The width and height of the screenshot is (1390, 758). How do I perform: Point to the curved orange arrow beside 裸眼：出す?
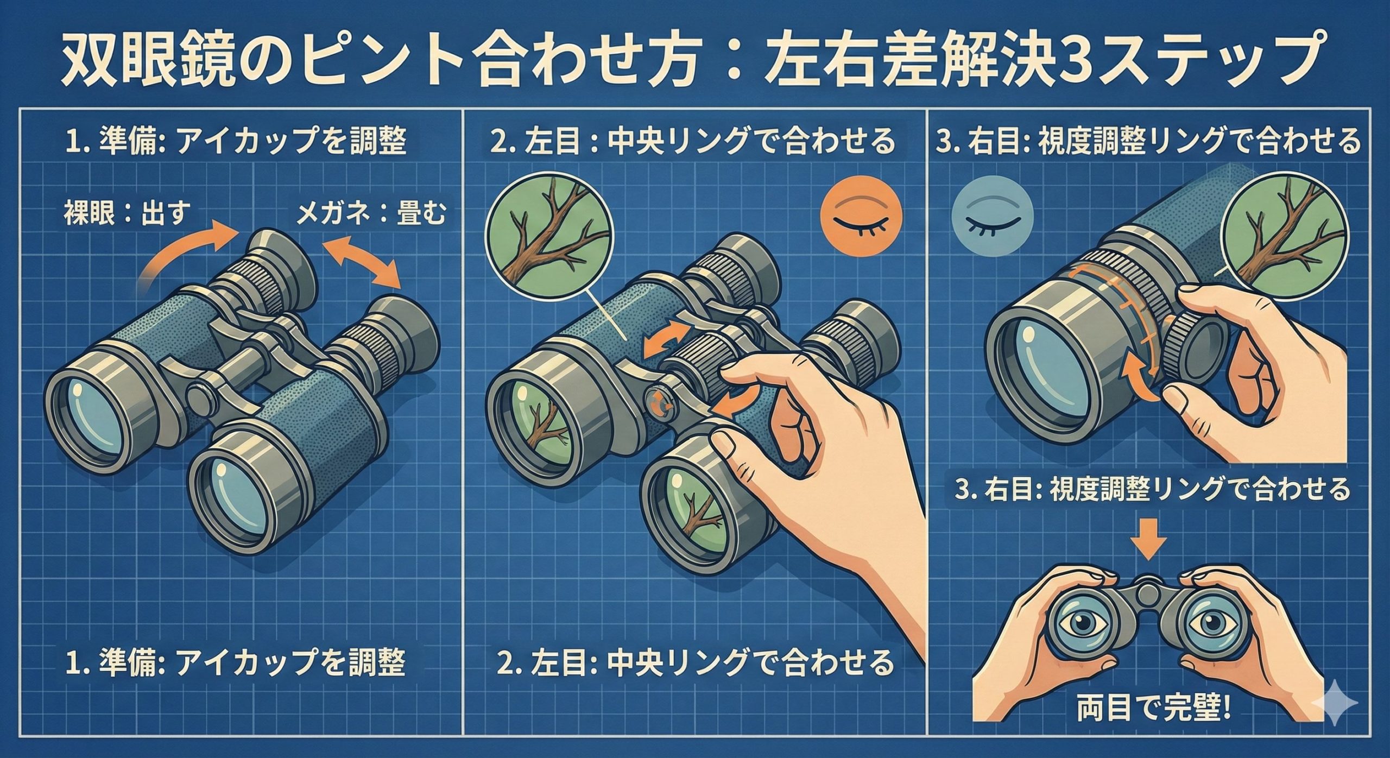pyautogui.click(x=190, y=255)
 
